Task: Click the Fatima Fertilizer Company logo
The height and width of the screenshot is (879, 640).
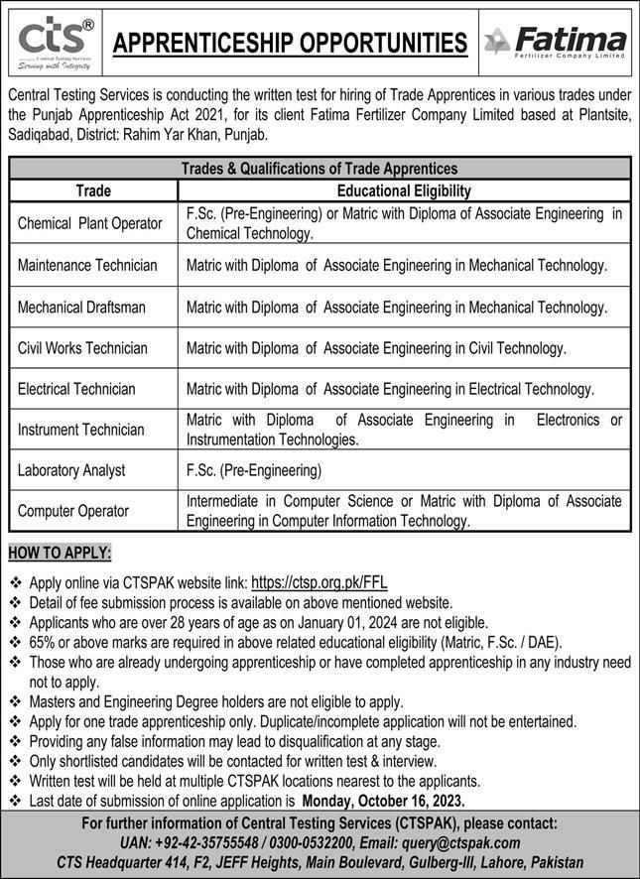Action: click(x=556, y=42)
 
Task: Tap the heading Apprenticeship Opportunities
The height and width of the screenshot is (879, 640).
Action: click(x=290, y=43)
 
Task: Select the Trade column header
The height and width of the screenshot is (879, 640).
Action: click(x=93, y=190)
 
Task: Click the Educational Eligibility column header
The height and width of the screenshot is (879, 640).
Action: click(x=404, y=190)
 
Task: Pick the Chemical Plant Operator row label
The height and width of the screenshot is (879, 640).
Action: click(x=89, y=224)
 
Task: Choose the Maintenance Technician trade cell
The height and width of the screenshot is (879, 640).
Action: click(x=87, y=266)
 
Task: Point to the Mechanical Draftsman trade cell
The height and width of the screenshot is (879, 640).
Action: click(x=81, y=308)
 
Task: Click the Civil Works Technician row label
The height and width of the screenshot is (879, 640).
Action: click(x=82, y=348)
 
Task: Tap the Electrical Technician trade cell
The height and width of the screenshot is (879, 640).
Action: click(x=76, y=389)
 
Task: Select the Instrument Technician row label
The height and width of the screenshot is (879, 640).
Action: click(x=80, y=430)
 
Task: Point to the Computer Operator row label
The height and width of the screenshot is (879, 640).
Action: click(x=73, y=511)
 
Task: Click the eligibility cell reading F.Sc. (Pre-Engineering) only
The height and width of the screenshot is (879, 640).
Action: click(x=254, y=470)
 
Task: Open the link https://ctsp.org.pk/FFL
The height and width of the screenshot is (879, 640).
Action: click(x=319, y=583)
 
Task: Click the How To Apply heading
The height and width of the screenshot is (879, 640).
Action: click(x=60, y=553)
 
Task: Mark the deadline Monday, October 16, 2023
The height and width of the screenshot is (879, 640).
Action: click(x=383, y=799)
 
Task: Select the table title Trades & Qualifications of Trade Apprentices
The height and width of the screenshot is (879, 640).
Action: click(x=319, y=169)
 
